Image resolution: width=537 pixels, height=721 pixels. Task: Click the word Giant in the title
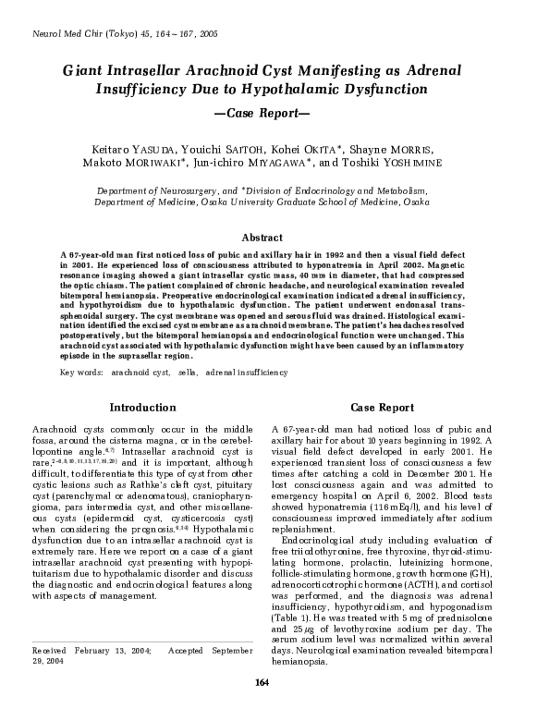click(x=84, y=70)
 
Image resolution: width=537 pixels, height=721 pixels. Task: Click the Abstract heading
click(x=268, y=238)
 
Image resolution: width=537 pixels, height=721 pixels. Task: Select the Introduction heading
click(x=143, y=408)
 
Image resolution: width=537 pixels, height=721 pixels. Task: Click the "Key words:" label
click(x=80, y=372)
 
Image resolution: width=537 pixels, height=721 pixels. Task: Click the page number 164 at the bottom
click(x=268, y=707)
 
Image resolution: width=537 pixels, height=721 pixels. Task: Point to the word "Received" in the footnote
click(x=51, y=653)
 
